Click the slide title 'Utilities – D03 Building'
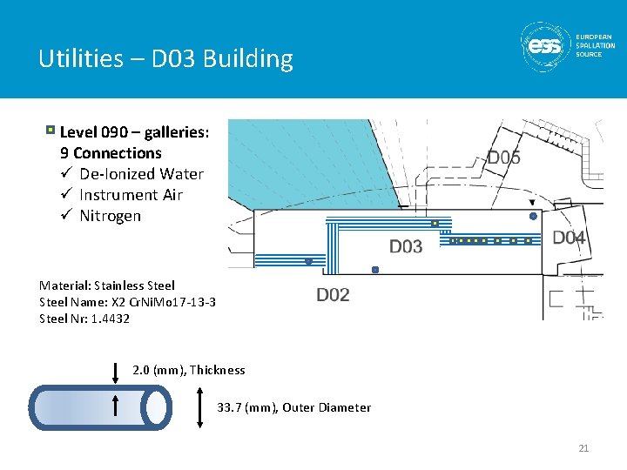165,59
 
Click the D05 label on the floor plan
503,158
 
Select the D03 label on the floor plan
405,247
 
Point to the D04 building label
570,238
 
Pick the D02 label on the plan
333,295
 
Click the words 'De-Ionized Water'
141,174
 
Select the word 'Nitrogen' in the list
110,216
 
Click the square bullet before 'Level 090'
51,131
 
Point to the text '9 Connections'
111,153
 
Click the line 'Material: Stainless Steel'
107,285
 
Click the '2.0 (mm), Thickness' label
189,370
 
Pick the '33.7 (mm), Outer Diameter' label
293,407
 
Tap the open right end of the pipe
158,407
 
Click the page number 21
583,448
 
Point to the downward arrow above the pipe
116,373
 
